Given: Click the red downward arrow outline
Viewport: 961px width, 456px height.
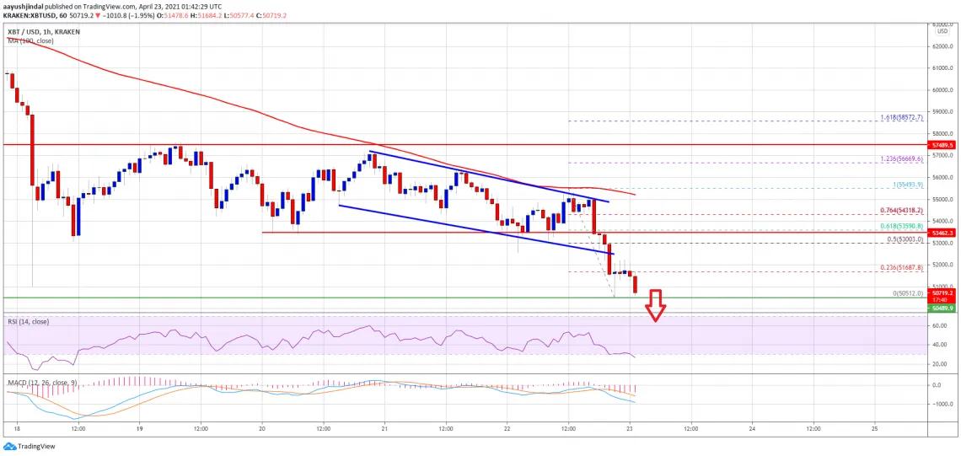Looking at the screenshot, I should [655, 305].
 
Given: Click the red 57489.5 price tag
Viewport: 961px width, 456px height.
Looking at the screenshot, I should [943, 145].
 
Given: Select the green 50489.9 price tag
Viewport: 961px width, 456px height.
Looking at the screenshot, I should [943, 308].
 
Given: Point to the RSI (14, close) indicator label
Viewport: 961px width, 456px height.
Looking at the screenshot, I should [29, 321].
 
